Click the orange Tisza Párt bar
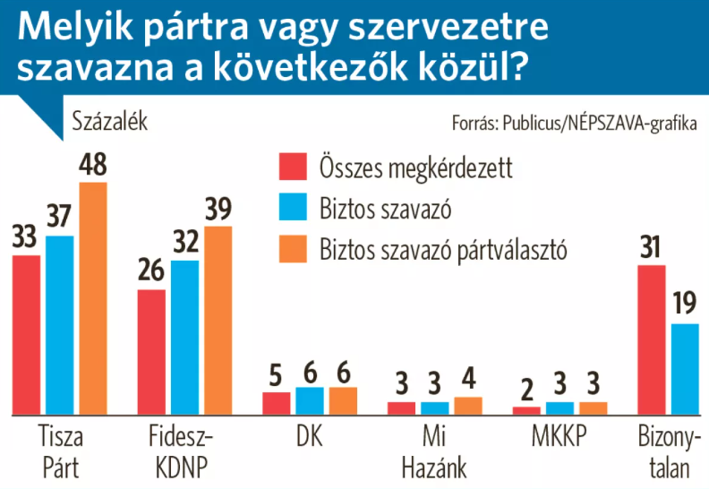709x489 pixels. click(93, 297)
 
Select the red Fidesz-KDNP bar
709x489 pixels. click(151, 351)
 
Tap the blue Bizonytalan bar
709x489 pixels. click(685, 368)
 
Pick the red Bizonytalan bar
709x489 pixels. click(651, 339)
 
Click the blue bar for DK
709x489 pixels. click(309, 400)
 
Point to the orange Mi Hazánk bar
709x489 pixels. click(467, 405)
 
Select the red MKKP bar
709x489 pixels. click(526, 409)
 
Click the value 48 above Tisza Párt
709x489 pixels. click(93, 167)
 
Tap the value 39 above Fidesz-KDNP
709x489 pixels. click(218, 210)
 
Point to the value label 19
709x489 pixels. click(685, 306)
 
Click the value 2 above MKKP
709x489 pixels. click(526, 390)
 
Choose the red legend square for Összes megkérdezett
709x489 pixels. click(293, 167)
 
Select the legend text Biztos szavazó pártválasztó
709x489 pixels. click(444, 250)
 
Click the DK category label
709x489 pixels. click(309, 438)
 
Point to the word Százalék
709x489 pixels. click(108, 122)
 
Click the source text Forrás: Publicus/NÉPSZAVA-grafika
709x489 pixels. click(574, 123)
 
